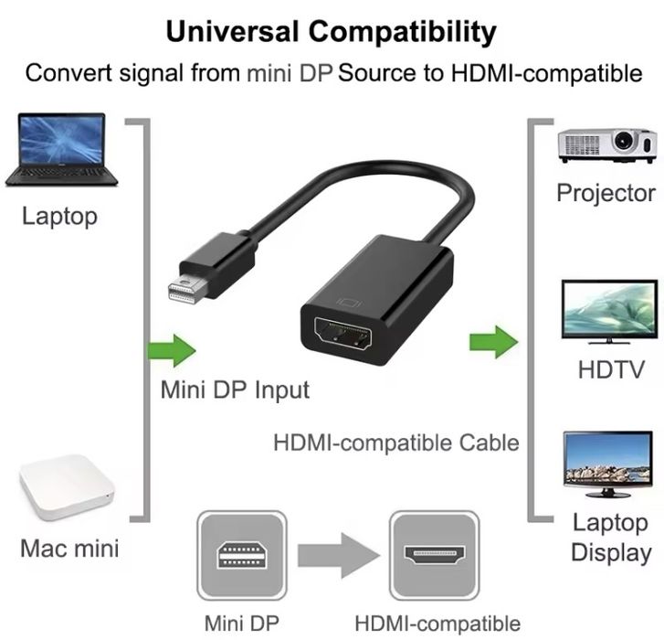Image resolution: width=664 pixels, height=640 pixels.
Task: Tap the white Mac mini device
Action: [67, 488]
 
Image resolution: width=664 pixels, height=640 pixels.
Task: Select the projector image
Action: [607, 145]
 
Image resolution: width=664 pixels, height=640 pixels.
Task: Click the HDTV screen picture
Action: [609, 312]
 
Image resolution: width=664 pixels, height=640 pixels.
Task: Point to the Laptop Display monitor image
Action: [607, 464]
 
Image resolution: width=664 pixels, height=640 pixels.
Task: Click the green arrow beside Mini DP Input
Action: [172, 350]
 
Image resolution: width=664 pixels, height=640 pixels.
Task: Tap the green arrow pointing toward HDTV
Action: [494, 342]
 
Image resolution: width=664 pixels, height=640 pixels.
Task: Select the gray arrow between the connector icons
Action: [339, 555]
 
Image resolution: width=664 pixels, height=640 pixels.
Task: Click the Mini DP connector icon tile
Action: [242, 555]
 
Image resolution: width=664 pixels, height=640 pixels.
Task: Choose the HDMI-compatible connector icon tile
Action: [434, 555]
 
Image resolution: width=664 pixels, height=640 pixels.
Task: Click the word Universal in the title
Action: [233, 31]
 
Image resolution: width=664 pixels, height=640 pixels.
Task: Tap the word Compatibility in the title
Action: [402, 33]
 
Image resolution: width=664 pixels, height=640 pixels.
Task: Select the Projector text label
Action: [606, 193]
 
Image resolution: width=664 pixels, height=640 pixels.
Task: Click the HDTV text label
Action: [611, 369]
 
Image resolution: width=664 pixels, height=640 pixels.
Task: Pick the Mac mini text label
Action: [69, 548]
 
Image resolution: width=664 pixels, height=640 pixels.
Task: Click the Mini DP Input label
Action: [235, 389]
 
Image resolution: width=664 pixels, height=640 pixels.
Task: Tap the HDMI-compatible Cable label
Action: [396, 443]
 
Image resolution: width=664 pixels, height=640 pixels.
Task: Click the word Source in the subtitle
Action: [377, 73]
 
